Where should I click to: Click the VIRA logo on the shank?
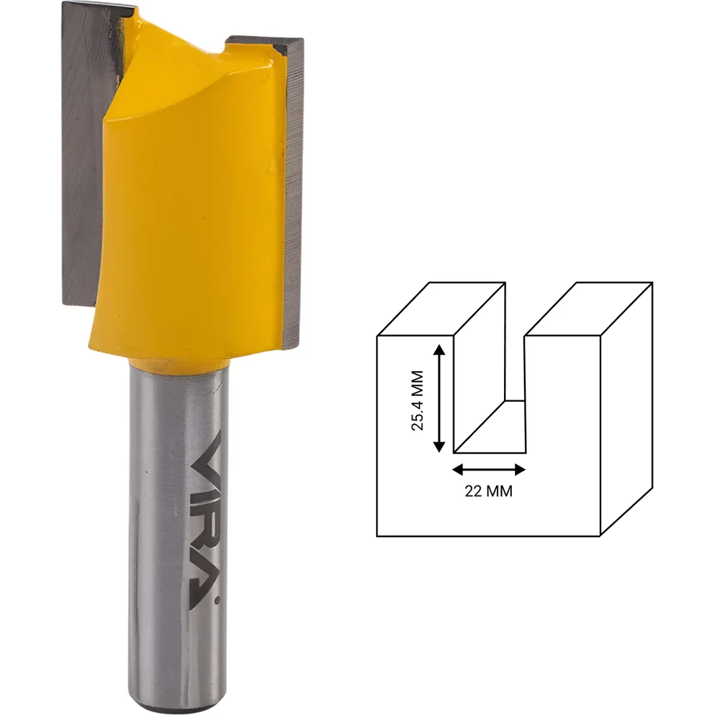[x=204, y=520]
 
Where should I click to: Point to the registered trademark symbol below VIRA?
[x=217, y=601]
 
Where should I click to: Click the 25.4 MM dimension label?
[x=418, y=400]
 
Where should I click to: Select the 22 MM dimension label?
[x=488, y=491]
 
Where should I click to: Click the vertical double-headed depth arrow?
[x=439, y=398]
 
